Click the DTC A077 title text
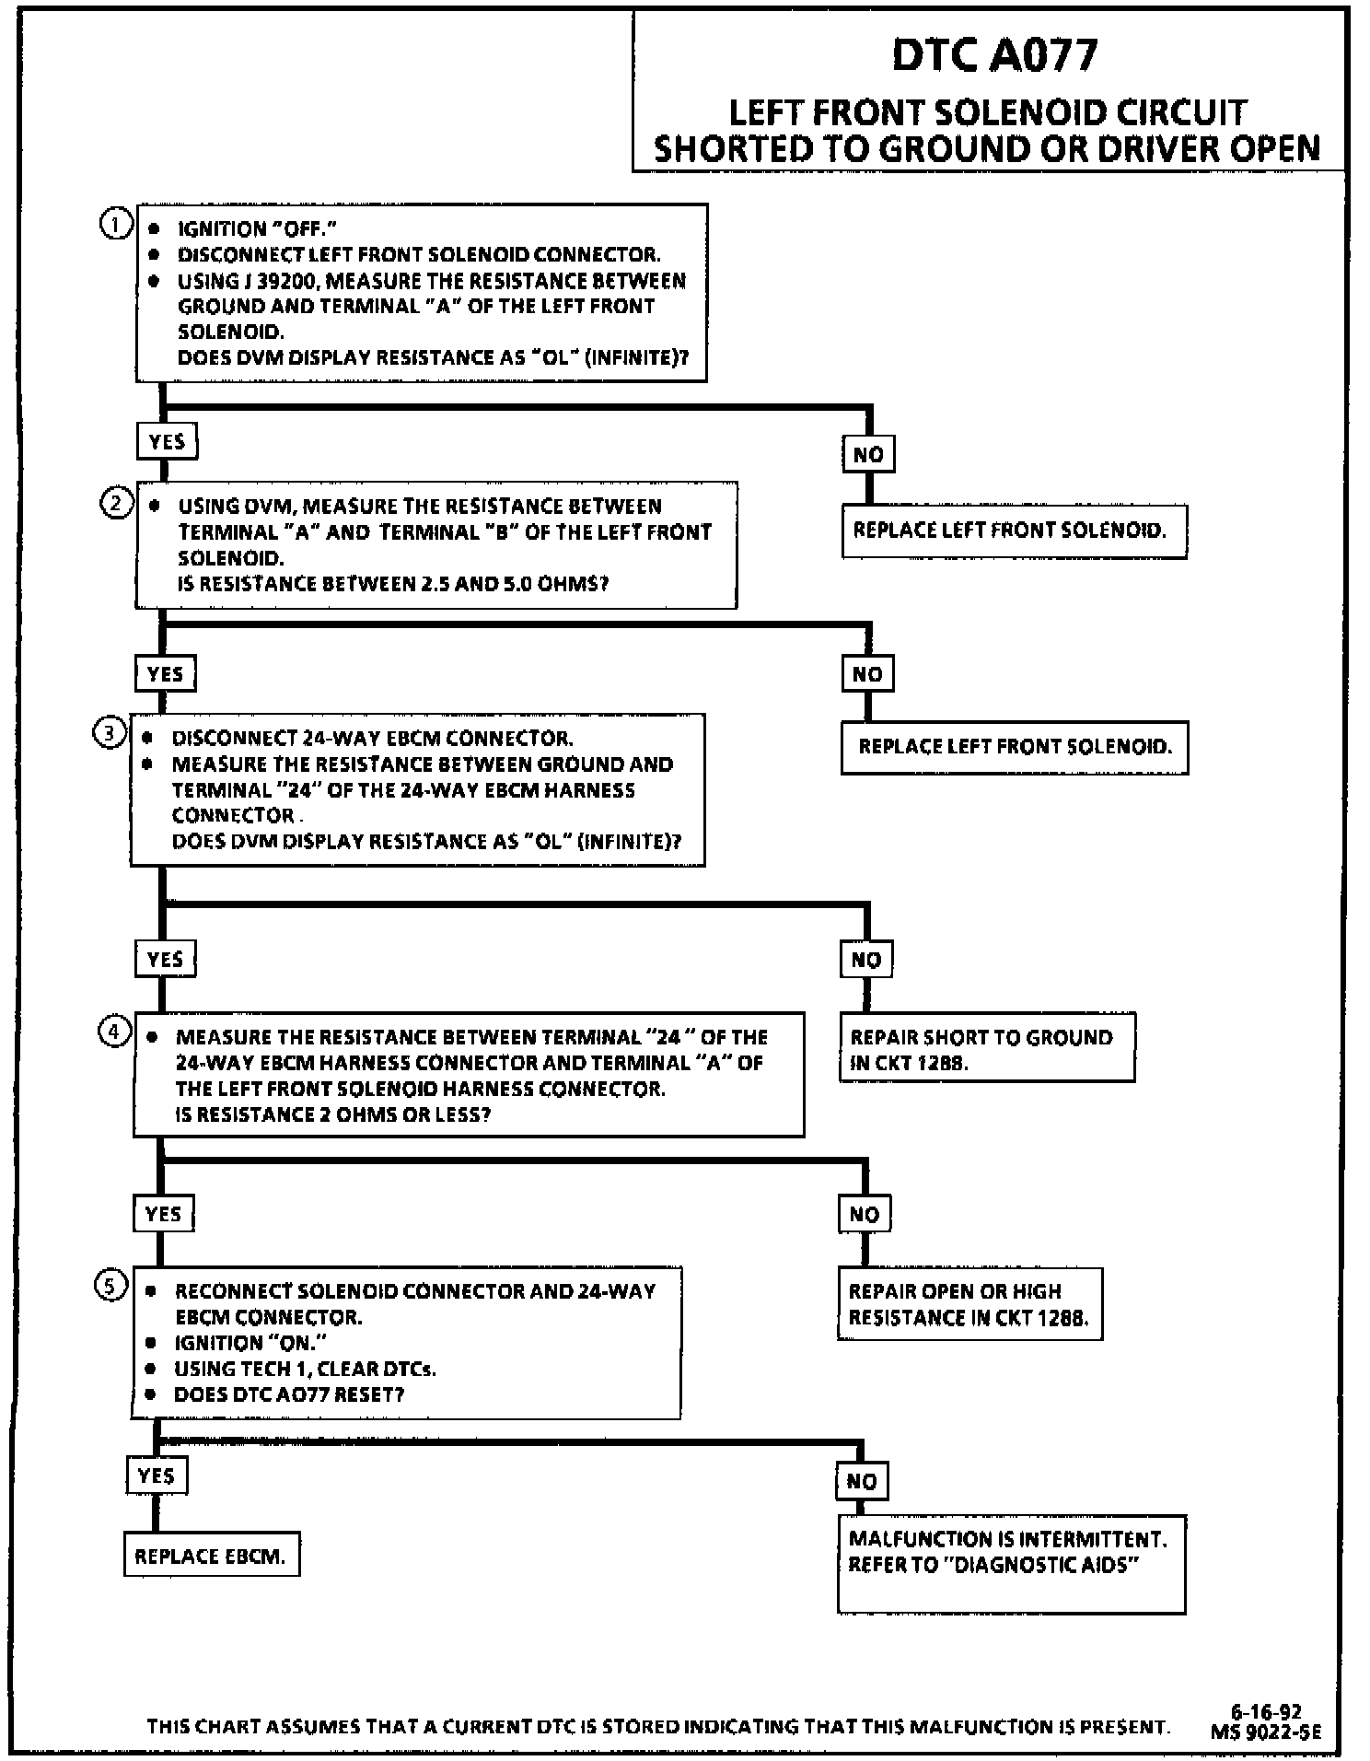click(994, 55)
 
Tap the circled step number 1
click(114, 225)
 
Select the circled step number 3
click(109, 734)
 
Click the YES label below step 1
click(167, 442)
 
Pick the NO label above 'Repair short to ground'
click(865, 960)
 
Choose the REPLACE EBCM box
click(211, 1556)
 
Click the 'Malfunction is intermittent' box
click(1011, 1564)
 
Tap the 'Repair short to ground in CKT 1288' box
click(986, 1048)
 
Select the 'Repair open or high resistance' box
click(969, 1304)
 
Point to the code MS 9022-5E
click(1266, 1732)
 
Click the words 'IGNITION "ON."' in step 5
click(250, 1343)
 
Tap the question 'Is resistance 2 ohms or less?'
click(333, 1114)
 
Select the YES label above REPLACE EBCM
click(156, 1476)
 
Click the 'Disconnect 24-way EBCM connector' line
click(372, 739)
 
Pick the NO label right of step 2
click(867, 674)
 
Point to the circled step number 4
click(113, 1032)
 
